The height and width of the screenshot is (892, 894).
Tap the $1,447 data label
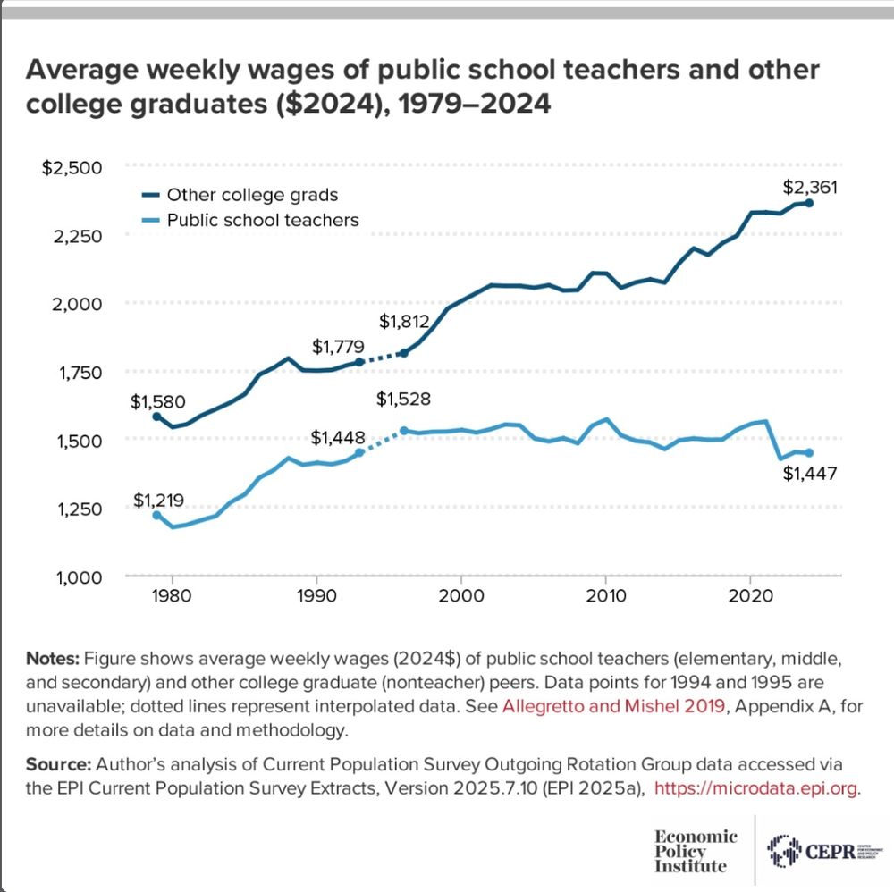pos(810,474)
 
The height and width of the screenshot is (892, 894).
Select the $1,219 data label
pos(158,499)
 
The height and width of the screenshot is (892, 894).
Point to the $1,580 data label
pos(158,402)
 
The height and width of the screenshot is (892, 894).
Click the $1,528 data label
pos(404,400)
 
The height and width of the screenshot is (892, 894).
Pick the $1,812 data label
pos(404,323)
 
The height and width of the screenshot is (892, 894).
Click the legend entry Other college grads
pos(252,194)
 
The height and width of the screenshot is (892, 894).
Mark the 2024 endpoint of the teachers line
pos(809,452)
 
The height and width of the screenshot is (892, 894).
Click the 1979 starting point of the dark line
pos(156,417)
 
